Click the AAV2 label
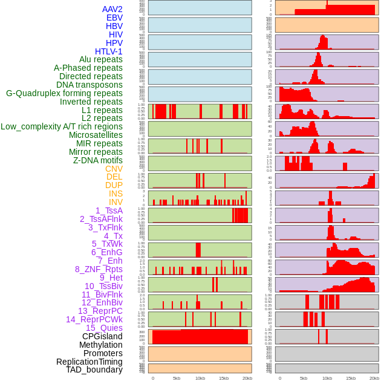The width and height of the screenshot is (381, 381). coord(112,9)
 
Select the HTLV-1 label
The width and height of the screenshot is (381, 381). coord(109,51)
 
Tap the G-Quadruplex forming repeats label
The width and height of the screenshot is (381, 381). coord(64,93)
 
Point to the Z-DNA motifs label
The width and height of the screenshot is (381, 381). coord(98,160)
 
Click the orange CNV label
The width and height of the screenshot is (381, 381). coord(114,169)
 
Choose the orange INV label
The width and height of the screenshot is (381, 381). coord(116,202)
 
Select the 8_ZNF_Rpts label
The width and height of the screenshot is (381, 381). coord(99,269)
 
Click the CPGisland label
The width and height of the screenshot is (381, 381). coord(102,336)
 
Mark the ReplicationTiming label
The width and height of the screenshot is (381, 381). coord(89,362)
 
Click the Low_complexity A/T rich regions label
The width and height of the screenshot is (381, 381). coord(62,126)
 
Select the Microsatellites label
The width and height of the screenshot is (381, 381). coord(96,135)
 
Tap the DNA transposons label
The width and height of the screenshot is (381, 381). coord(90,85)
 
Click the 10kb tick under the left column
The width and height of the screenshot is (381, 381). coord(200,378)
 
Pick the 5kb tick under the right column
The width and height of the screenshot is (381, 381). coord(303,378)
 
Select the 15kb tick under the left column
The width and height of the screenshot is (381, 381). coord(223,378)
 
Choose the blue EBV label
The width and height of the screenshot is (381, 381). coord(114,18)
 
